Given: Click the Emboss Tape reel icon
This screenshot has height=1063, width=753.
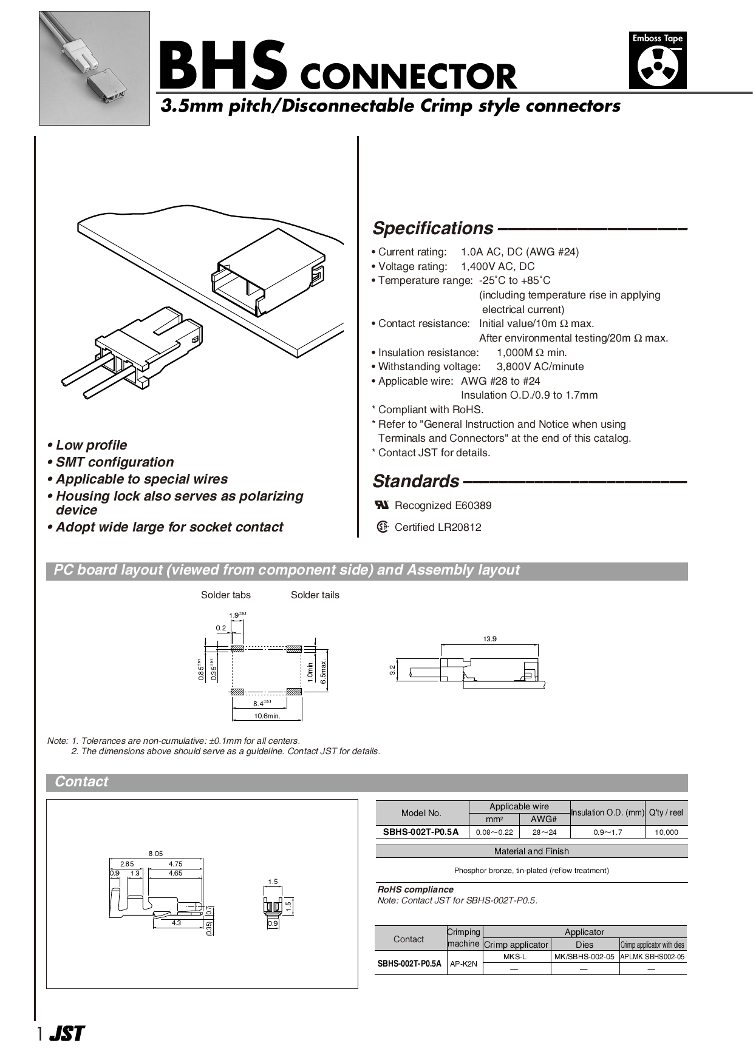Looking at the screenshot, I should pyautogui.click(x=658, y=68).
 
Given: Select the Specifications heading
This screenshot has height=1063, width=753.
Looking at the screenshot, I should pyautogui.click(x=432, y=229).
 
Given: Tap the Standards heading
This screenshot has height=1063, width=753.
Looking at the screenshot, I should pyautogui.click(x=416, y=481).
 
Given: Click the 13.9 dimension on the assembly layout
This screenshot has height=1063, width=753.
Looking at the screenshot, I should pyautogui.click(x=489, y=639).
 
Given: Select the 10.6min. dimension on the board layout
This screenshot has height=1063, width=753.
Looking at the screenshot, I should pyautogui.click(x=267, y=716).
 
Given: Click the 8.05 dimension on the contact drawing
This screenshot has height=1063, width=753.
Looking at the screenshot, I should pyautogui.click(x=156, y=853).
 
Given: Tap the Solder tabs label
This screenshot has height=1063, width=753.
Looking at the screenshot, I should pyautogui.click(x=225, y=595).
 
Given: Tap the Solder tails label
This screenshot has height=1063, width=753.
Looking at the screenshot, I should pyautogui.click(x=315, y=595).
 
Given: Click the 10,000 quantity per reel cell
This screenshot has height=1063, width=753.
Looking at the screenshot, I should pyautogui.click(x=666, y=832).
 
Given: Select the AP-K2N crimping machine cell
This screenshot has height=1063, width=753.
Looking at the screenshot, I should pyautogui.click(x=464, y=963).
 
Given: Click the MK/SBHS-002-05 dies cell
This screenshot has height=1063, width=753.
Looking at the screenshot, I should pyautogui.click(x=585, y=957).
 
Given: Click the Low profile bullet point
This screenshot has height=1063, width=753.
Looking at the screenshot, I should pyautogui.click(x=91, y=445).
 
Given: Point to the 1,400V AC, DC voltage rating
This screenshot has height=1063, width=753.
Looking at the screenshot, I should pyautogui.click(x=497, y=266).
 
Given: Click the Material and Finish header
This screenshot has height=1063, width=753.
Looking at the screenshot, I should pyautogui.click(x=531, y=851).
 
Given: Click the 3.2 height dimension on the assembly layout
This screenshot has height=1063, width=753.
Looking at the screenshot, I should pyautogui.click(x=392, y=670).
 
